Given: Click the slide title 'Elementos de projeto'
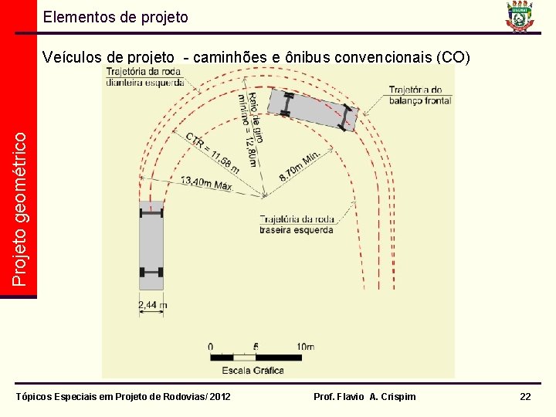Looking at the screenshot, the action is pyautogui.click(x=115, y=16).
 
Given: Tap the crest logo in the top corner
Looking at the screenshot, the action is pyautogui.click(x=520, y=17).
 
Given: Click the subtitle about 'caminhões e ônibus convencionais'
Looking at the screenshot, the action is pyautogui.click(x=257, y=57).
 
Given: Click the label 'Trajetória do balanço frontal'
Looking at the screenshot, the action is pyautogui.click(x=420, y=94).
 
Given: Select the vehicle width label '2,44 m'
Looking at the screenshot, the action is pyautogui.click(x=152, y=306).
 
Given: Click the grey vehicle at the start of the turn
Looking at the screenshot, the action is pyautogui.click(x=151, y=245).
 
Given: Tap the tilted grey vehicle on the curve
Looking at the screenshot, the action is pyautogui.click(x=312, y=110).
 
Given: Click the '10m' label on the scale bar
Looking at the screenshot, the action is pyautogui.click(x=304, y=346).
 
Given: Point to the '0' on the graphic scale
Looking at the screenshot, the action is pyautogui.click(x=211, y=346).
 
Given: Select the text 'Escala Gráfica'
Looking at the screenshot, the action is pyautogui.click(x=253, y=370).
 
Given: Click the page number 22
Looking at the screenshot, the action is pyautogui.click(x=525, y=396).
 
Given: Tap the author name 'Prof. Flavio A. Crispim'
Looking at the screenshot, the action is pyautogui.click(x=364, y=396).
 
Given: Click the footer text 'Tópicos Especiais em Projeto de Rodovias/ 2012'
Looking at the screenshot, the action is pyautogui.click(x=124, y=396).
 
